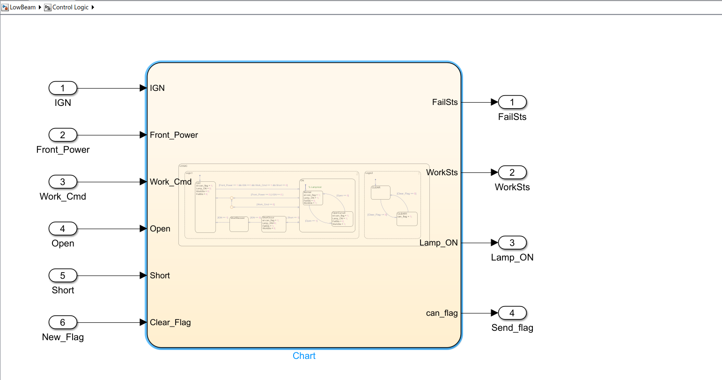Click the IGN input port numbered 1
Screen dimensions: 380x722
[63, 88]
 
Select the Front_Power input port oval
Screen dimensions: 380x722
[63, 135]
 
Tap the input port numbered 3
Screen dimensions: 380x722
[63, 182]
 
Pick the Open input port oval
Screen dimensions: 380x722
[63, 229]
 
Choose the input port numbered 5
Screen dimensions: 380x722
[63, 276]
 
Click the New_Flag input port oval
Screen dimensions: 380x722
[63, 322]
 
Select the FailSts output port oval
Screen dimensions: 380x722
[512, 102]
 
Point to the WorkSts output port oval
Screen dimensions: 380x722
[512, 172]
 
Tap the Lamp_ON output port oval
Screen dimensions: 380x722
[512, 243]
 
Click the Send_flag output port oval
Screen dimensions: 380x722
[512, 313]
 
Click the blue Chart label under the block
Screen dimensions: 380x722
[304, 356]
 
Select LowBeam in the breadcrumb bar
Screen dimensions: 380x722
[22, 7]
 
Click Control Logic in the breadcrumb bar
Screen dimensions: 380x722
[70, 7]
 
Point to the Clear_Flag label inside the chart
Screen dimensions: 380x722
[170, 322]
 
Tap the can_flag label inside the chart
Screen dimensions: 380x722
[442, 313]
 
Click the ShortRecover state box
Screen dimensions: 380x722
[239, 224]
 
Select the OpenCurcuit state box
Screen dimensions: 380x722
[342, 219]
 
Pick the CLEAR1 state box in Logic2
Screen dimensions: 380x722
[406, 219]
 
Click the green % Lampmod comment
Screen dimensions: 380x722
[315, 187]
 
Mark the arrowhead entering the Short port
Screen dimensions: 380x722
[144, 276]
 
